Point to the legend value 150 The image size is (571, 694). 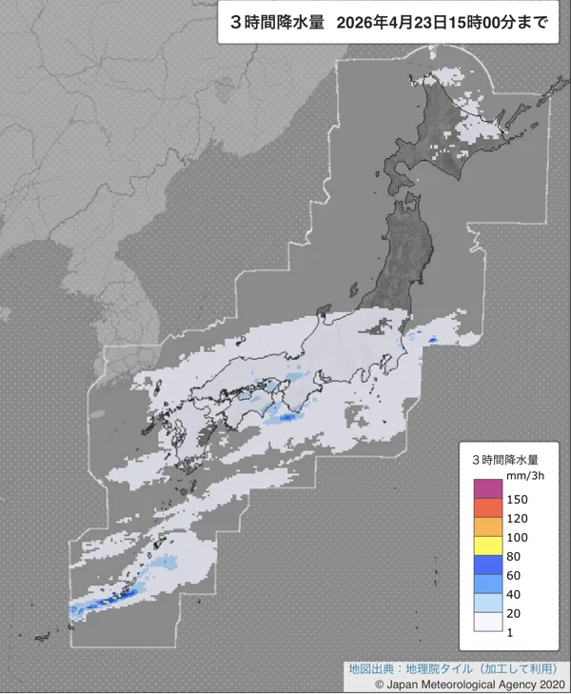pos(518,499)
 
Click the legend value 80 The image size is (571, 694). pos(515,556)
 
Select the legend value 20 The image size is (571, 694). pos(515,613)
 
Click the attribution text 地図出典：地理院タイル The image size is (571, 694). pos(409,668)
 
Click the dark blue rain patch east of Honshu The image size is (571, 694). pos(433,339)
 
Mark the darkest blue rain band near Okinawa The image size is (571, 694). pos(95,605)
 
